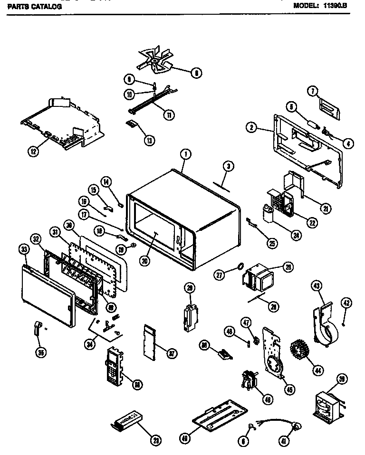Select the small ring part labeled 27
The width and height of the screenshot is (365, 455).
(240, 266)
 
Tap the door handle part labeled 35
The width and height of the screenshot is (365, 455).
(37, 329)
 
